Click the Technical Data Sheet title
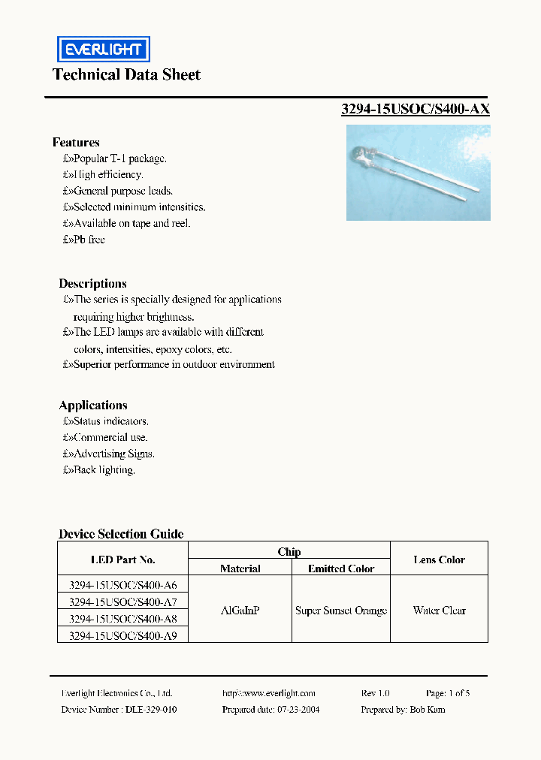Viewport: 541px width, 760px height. click(126, 74)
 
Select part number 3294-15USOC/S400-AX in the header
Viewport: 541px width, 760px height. click(416, 109)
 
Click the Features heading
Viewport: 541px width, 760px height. click(76, 142)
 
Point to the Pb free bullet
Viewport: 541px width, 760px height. click(84, 240)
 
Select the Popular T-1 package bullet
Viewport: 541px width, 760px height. click(115, 158)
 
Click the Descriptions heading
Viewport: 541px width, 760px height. click(92, 283)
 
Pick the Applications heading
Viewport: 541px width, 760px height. click(93, 405)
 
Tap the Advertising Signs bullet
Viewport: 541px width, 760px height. click(109, 454)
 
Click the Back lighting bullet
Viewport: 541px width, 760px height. click(99, 470)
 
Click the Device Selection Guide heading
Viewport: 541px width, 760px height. click(121, 534)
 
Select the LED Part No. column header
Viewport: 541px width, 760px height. click(122, 559)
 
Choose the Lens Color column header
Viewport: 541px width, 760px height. click(439, 559)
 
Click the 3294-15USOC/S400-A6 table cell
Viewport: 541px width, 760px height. click(122, 584)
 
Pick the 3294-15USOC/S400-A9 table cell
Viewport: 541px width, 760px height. click(122, 635)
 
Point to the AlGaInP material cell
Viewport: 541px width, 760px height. click(240, 611)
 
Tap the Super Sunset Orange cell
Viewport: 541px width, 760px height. click(341, 611)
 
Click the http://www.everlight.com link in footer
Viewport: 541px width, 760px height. click(269, 693)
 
